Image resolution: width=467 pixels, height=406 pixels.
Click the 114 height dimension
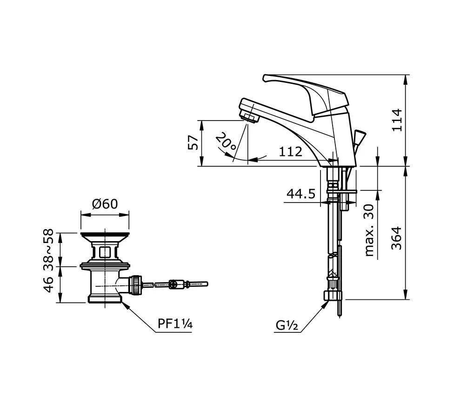pyautogui.click(x=396, y=120)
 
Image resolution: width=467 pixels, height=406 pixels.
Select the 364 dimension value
pyautogui.click(x=396, y=238)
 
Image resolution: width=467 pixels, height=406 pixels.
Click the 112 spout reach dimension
pyautogui.click(x=290, y=151)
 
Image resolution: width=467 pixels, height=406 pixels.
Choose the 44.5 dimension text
pyautogui.click(x=300, y=194)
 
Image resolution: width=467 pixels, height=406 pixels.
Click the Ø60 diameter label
pyautogui.click(x=105, y=204)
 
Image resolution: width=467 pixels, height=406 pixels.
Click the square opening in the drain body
pyautogui.click(x=105, y=252)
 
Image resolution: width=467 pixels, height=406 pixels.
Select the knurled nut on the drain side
pyautogui.click(x=135, y=285)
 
